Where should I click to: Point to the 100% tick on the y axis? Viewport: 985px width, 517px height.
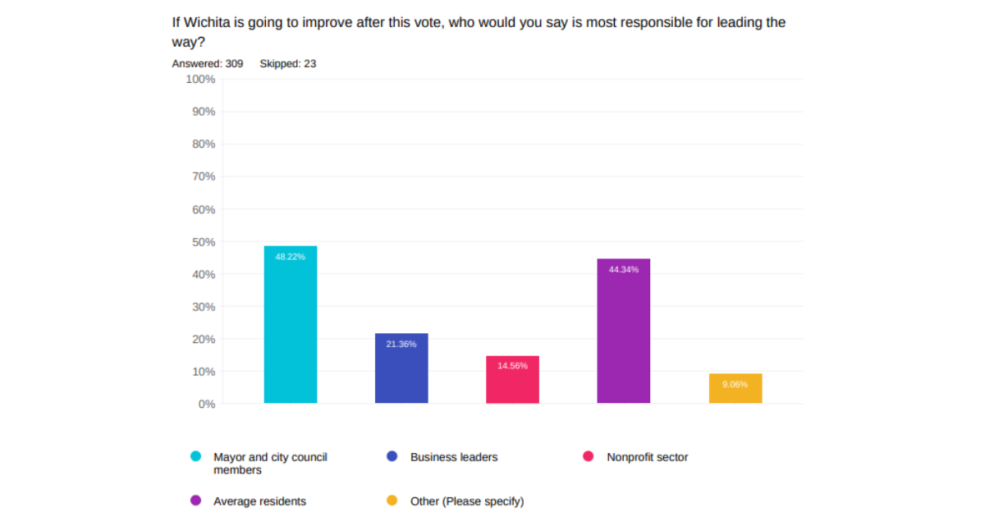tap(200, 80)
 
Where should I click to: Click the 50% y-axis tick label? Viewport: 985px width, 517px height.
tap(203, 242)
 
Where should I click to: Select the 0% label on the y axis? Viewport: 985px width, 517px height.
tap(206, 404)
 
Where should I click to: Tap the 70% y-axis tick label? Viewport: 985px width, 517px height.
tap(203, 176)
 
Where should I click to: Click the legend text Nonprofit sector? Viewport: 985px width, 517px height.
tap(647, 457)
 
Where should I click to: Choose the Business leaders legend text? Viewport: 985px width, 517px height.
tap(454, 457)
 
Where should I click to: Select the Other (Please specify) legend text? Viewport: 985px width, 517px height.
tap(466, 501)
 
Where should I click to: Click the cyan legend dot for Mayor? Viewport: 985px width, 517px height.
tap(196, 456)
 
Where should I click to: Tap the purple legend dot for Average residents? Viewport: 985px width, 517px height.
tap(196, 500)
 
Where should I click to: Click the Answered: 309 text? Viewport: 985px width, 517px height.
tap(207, 63)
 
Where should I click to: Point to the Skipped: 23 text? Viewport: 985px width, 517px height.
tap(287, 63)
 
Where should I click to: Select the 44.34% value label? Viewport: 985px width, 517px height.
tap(623, 270)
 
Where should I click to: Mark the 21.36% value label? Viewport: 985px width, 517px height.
tap(401, 344)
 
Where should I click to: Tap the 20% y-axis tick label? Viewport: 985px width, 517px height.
tap(203, 339)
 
